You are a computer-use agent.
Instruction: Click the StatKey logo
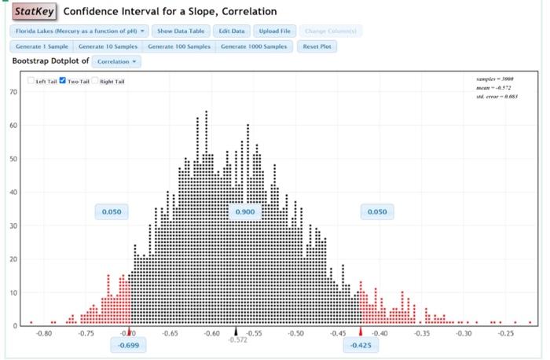33,12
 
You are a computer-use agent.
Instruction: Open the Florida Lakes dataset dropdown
79,31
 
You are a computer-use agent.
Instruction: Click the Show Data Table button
181,31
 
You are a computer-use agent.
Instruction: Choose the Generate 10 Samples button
109,46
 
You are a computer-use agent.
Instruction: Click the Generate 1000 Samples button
254,46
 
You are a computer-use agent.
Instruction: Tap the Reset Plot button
318,46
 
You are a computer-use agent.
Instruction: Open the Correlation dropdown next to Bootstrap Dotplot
116,61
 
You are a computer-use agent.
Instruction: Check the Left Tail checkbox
31,81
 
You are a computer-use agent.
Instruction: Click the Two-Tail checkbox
64,81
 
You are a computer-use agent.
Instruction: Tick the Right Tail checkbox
95,81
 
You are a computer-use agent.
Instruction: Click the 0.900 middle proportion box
245,212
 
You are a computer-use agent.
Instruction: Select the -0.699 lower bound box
127,346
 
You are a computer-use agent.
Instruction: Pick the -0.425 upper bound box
361,346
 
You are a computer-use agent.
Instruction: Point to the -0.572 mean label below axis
236,340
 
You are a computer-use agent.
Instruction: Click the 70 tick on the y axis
13,92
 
